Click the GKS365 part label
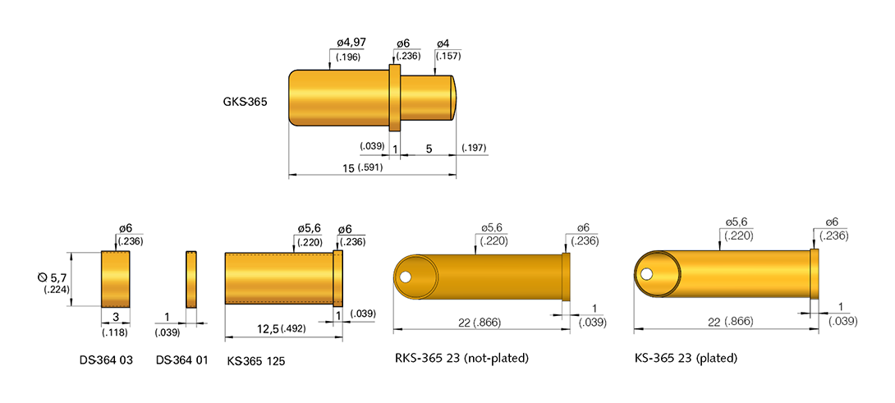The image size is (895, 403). [x=245, y=103]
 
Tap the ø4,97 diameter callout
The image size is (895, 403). [x=351, y=44]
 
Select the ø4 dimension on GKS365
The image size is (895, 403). [x=443, y=44]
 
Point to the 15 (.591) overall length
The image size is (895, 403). [x=367, y=167]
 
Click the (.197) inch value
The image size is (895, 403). [x=474, y=148]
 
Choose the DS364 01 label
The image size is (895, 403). [x=181, y=359]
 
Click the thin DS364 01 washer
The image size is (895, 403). [x=191, y=280]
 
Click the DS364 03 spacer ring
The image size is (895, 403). [x=116, y=280]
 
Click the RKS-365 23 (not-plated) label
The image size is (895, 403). [x=461, y=359]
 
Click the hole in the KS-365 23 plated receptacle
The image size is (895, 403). [x=647, y=273]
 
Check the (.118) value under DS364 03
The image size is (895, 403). [x=115, y=332]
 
